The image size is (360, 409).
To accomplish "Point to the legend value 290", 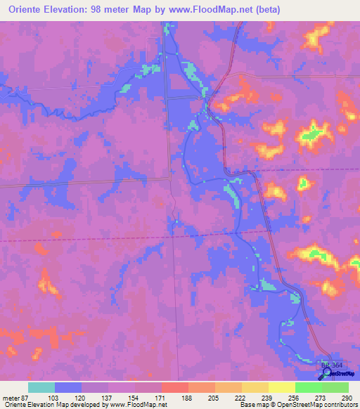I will coord(346,398).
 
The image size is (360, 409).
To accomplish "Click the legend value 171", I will coord(160,398).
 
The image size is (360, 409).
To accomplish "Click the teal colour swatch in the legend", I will coord(41,387).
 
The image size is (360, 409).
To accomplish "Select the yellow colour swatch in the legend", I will coord(281,387).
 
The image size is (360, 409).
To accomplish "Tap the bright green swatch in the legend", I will coord(308,387).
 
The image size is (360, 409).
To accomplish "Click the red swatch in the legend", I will coord(174,387).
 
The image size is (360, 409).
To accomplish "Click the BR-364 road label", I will coord(330,365).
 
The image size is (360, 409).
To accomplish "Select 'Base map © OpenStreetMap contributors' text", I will coord(298,405).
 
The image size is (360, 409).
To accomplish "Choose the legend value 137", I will coord(106,398).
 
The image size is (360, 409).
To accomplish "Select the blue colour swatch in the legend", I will coord(68,387).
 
